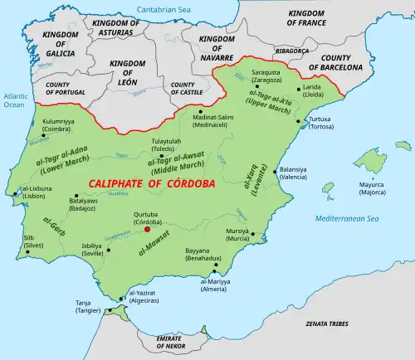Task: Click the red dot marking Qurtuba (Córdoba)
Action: pyautogui.click(x=147, y=230)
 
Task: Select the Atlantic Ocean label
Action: pyautogui.click(x=14, y=100)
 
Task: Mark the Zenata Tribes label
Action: pyautogui.click(x=327, y=319)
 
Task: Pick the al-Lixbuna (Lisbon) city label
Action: pyautogui.click(x=36, y=193)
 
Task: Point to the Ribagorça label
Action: pyautogui.click(x=281, y=51)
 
